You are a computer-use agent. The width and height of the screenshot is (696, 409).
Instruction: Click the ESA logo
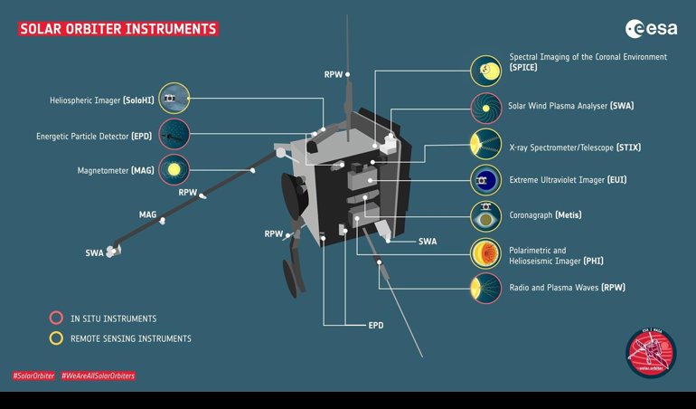click(651, 29)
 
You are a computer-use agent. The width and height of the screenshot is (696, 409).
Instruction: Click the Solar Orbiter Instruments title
click(118, 29)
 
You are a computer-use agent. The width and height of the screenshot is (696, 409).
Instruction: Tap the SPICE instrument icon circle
click(486, 71)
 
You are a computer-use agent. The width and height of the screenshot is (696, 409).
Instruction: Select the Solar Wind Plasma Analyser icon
click(486, 108)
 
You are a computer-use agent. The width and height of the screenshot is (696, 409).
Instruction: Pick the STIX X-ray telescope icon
click(486, 144)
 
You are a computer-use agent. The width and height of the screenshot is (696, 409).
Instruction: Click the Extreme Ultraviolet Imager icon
click(486, 180)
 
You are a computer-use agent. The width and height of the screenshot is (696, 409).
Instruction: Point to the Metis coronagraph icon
click(486, 216)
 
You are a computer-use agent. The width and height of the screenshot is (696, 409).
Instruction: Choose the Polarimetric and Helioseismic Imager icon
click(486, 253)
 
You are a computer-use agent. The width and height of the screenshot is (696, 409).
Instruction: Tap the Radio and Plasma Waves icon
click(486, 288)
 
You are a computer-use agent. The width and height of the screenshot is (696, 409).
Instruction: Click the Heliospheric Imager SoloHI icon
click(174, 99)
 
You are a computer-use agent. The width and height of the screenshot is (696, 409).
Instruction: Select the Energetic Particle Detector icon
click(174, 134)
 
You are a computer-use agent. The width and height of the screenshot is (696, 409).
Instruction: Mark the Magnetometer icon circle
click(174, 170)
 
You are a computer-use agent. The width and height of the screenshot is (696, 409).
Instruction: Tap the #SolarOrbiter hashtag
click(33, 376)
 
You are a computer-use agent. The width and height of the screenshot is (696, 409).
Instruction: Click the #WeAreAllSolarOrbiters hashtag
click(99, 376)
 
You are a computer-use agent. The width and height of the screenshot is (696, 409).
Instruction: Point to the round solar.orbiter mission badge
click(651, 353)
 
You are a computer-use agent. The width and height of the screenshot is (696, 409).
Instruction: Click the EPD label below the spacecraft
click(376, 326)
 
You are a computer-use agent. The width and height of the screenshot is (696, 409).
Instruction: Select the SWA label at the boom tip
click(95, 253)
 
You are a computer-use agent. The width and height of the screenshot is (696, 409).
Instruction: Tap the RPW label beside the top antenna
click(334, 75)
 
